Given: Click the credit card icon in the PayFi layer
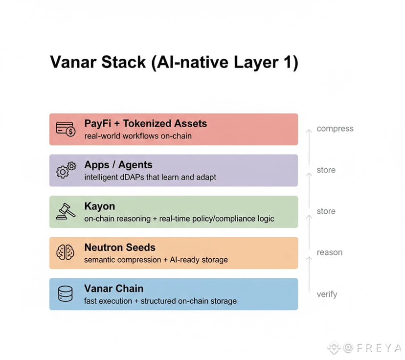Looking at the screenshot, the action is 66,129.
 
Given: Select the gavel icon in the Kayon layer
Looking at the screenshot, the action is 66,211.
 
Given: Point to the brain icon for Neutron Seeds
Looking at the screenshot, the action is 66,252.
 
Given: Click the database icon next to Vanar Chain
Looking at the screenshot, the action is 66,294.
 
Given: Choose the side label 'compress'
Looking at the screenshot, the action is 335,129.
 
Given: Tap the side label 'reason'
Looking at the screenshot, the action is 329,252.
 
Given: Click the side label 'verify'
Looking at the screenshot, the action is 327,294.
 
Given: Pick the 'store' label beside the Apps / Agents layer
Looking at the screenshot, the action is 326,170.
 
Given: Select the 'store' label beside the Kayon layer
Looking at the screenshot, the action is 326,211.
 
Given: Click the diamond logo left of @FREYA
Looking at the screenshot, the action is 334,348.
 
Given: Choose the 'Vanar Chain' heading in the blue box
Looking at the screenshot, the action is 113,289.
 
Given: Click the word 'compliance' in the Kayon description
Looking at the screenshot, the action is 235,219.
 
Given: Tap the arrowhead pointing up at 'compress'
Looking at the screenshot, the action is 308,130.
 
